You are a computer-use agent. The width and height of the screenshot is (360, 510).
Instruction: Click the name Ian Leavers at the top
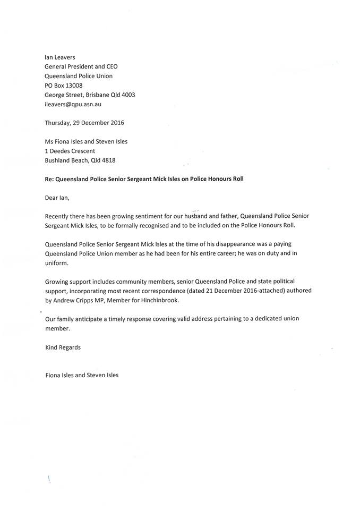click(63, 57)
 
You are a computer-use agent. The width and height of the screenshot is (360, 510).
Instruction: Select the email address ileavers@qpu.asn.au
click(73, 105)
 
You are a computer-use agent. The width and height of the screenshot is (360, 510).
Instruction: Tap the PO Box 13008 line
click(64, 86)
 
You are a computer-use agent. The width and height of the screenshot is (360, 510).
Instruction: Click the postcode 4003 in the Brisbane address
click(128, 95)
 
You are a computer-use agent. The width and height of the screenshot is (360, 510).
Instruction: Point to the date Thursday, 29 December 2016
click(84, 123)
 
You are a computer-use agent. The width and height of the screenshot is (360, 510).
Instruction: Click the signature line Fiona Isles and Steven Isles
click(82, 375)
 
